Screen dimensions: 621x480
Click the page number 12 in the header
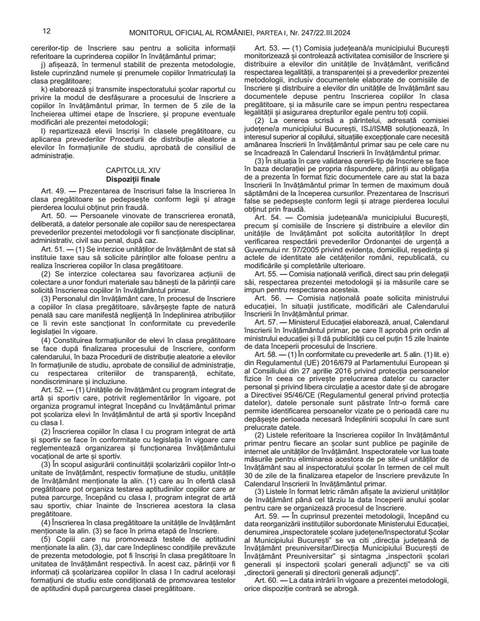(46, 31)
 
